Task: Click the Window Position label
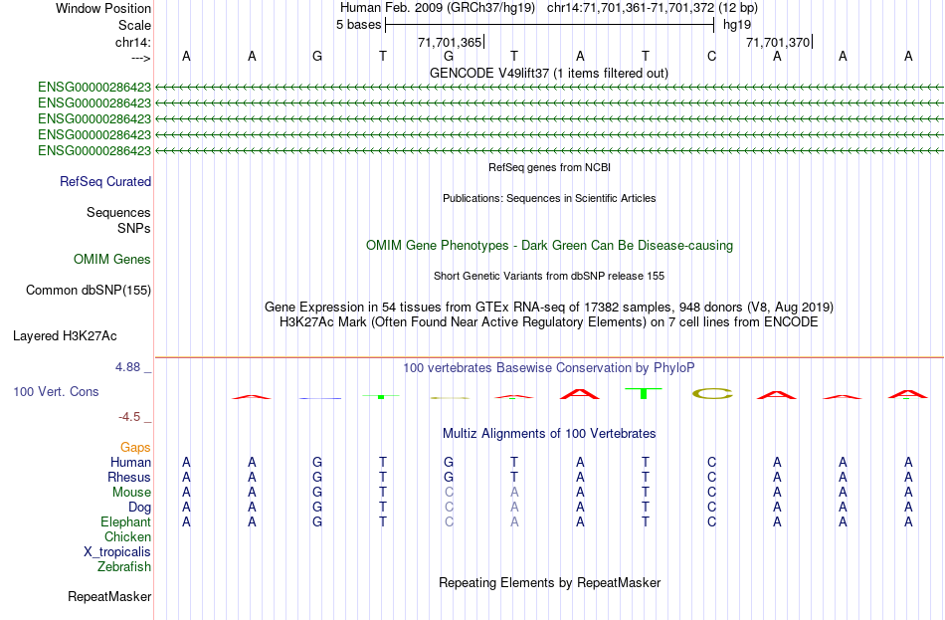coord(103,8)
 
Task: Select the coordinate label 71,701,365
coord(450,42)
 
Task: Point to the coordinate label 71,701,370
coord(778,42)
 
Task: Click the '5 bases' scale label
coord(358,25)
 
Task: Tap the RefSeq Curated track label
coord(105,181)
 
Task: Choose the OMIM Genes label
coord(112,260)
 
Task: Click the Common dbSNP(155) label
coord(89,291)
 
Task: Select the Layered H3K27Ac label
coord(65,336)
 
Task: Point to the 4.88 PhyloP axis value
coord(127,367)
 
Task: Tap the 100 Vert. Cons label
coord(56,391)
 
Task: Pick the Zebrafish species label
coord(124,567)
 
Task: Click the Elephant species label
coord(126,522)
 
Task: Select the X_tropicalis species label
coord(117,552)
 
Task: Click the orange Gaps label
coord(135,448)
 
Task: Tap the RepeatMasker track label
coord(109,596)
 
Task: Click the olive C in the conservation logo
coord(712,394)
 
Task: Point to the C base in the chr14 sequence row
coord(712,56)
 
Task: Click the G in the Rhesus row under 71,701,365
coord(449,477)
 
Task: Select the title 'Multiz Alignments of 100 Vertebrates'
coord(549,434)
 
